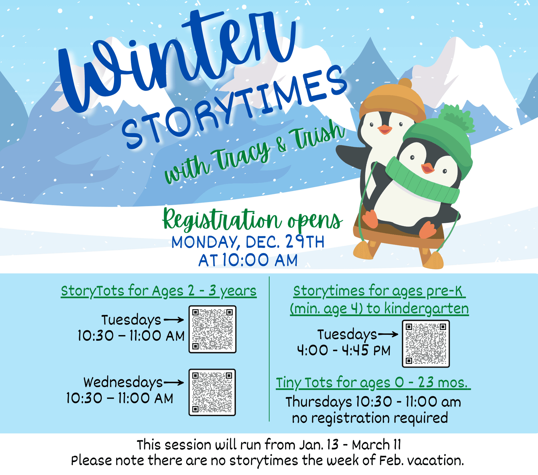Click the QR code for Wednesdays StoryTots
[x=212, y=392]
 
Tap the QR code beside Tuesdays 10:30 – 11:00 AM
[x=212, y=329]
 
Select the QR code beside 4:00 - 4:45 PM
[x=426, y=343]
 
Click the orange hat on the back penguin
[x=392, y=101]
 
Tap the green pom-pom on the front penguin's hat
[x=455, y=118]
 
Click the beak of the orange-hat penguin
[x=385, y=130]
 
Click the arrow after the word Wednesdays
[x=174, y=382]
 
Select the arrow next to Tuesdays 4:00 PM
[x=388, y=334]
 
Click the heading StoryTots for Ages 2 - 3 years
[x=159, y=291]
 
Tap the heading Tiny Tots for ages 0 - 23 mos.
[x=373, y=382]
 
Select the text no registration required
[x=370, y=418]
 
